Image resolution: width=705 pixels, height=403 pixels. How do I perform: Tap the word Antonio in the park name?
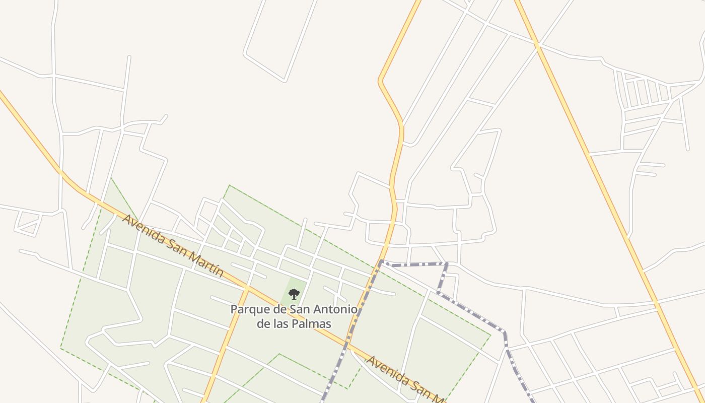point(335,309)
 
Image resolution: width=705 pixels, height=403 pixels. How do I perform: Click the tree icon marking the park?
point(294,294)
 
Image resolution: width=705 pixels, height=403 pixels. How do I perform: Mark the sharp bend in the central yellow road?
point(380,81)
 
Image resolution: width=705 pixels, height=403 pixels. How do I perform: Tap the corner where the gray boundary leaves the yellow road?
point(381,261)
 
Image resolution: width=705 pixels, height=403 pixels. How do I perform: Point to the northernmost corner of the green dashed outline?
point(230,185)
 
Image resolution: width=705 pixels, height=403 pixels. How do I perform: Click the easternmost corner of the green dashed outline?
point(490,334)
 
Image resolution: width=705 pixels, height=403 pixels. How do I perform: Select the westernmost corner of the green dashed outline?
point(61,348)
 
